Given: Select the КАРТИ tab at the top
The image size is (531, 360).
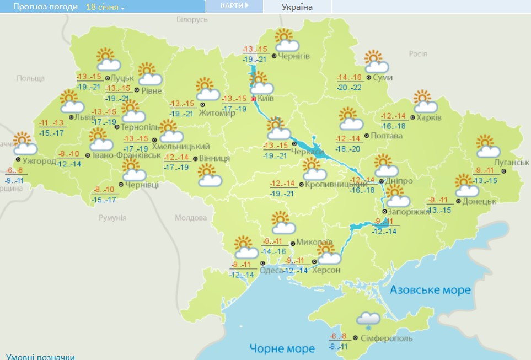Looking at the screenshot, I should coord(234,6).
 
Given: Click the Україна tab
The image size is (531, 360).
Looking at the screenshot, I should coord(297,7).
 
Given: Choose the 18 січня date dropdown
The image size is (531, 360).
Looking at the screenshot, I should coord(105,7).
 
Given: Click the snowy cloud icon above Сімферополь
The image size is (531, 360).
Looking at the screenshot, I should coord(368,320).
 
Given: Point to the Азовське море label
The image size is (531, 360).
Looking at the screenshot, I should coord(430,290).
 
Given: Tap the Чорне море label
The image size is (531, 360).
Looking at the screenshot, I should coord(282,348).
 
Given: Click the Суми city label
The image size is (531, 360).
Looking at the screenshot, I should coord(383,78).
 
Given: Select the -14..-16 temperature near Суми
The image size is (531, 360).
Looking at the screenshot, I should coord(350,77).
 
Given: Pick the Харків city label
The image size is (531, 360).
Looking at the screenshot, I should coord(429,117).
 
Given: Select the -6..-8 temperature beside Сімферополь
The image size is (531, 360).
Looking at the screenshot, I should coord(338,337).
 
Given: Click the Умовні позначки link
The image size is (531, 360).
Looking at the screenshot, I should coord(40,356).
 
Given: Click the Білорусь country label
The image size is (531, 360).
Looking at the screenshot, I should coord(192,19).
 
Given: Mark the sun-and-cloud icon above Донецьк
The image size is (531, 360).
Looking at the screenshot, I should coord(466,185).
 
